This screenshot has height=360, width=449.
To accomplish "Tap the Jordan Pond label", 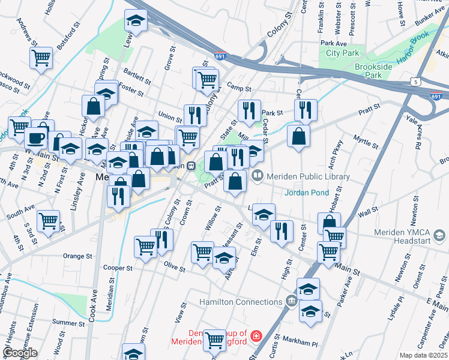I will [305, 193].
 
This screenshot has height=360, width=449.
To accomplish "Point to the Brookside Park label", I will [376, 71].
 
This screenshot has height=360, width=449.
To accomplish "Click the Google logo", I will [20, 353].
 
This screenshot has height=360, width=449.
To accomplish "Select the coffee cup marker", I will [35, 137].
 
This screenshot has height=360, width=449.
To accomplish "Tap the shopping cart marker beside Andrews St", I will [41, 58].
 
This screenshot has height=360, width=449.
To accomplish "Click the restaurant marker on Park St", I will [249, 110].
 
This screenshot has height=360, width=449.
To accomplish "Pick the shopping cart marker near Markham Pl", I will [214, 340].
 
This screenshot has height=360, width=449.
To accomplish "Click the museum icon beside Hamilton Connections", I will [292, 301].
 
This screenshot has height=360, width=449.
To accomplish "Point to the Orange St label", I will [77, 256].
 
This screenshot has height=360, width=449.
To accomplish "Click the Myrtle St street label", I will [364, 140].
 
